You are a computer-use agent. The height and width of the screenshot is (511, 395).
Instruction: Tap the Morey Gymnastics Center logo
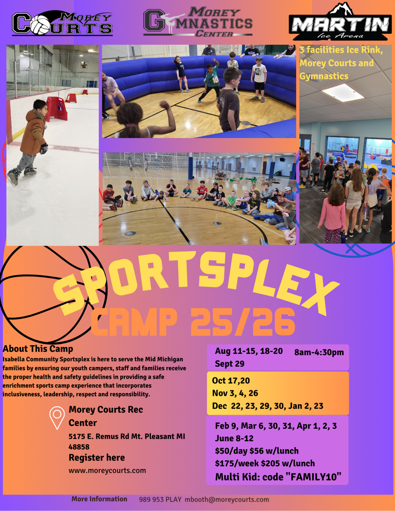click(198, 21)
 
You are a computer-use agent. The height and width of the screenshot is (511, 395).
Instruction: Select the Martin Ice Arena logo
click(340, 21)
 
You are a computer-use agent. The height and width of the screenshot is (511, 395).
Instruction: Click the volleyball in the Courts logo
click(39, 24)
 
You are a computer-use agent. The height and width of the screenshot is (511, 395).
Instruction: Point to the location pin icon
click(57, 418)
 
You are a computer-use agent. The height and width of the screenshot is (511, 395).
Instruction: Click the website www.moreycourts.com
click(107, 471)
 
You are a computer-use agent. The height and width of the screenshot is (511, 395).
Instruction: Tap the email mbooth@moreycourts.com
click(227, 500)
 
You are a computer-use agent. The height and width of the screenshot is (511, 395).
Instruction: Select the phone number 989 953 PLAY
click(160, 500)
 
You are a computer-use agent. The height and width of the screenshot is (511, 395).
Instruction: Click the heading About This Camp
click(38, 349)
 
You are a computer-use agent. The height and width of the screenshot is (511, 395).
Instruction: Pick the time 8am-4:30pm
click(319, 352)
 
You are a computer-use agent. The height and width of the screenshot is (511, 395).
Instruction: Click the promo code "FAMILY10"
click(314, 477)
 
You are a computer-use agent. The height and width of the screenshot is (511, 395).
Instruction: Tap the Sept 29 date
click(230, 364)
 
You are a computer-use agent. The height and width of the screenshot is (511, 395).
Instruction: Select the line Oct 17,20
click(231, 381)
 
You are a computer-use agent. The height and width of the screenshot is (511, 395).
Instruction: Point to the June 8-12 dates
click(234, 438)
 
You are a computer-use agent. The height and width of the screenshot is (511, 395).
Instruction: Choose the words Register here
click(96, 458)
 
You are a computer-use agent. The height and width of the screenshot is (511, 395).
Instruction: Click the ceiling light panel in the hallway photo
click(343, 92)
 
